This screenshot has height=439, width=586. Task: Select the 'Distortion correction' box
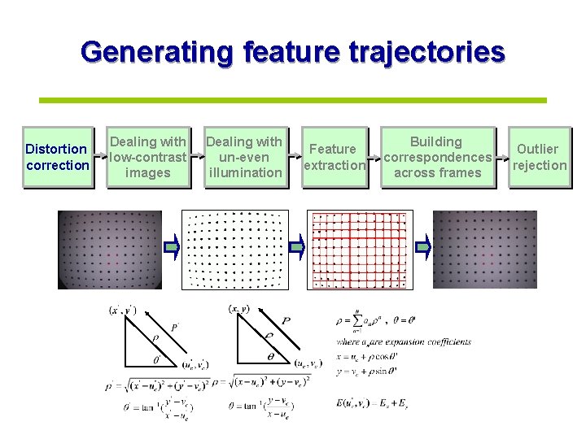pyautogui.click(x=57, y=157)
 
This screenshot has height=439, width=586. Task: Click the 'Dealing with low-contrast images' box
pyautogui.click(x=148, y=157)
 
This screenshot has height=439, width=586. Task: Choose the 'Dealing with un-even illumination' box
pyautogui.click(x=245, y=157)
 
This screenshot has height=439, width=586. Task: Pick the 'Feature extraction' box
pyautogui.click(x=333, y=157)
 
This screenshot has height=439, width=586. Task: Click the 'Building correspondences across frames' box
pyautogui.click(x=437, y=157)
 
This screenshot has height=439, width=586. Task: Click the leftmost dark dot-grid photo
pyautogui.click(x=110, y=248)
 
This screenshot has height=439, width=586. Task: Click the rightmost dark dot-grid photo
pyautogui.click(x=484, y=248)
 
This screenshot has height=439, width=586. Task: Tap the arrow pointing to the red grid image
pyautogui.click(x=297, y=247)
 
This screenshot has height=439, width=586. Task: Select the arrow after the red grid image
pyautogui.click(x=422, y=247)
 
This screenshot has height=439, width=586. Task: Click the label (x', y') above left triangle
pyautogui.click(x=122, y=310)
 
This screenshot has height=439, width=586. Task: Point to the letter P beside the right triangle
pyautogui.click(x=285, y=322)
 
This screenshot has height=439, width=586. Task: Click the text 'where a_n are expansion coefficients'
pyautogui.click(x=404, y=342)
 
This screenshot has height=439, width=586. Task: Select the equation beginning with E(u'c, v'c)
pyautogui.click(x=384, y=402)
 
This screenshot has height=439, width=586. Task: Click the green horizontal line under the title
pyautogui.click(x=293, y=100)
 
